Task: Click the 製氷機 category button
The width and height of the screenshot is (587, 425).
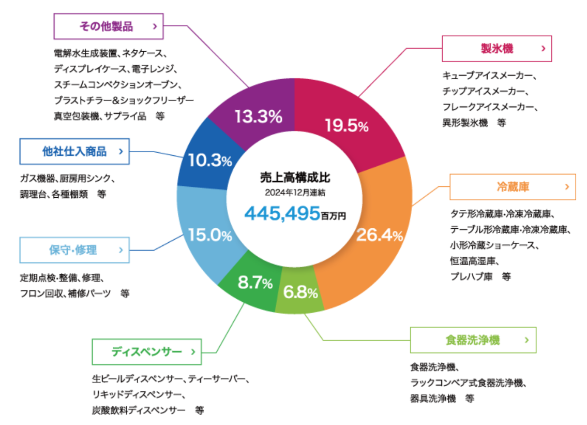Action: (497, 49)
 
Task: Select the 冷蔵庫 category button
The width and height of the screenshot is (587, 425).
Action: (513, 187)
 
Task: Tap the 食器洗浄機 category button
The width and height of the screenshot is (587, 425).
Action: (473, 340)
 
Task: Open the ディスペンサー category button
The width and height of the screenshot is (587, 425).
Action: (146, 352)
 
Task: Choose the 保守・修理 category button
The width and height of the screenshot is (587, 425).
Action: (73, 250)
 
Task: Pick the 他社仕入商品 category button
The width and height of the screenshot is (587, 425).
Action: (74, 151)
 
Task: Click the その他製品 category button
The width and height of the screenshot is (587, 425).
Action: (108, 26)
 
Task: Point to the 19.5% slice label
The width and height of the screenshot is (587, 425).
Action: (347, 126)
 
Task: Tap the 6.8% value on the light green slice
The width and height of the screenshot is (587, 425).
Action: (300, 293)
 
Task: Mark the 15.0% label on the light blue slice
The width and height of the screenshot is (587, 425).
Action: (209, 236)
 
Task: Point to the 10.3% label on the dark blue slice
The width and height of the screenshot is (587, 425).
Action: (209, 160)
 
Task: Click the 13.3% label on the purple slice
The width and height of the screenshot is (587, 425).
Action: (258, 117)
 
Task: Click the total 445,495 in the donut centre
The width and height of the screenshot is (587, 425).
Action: (282, 212)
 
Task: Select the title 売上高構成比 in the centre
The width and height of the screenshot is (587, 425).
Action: (294, 178)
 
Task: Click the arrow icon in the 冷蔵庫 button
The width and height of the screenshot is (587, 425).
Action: (567, 186)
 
